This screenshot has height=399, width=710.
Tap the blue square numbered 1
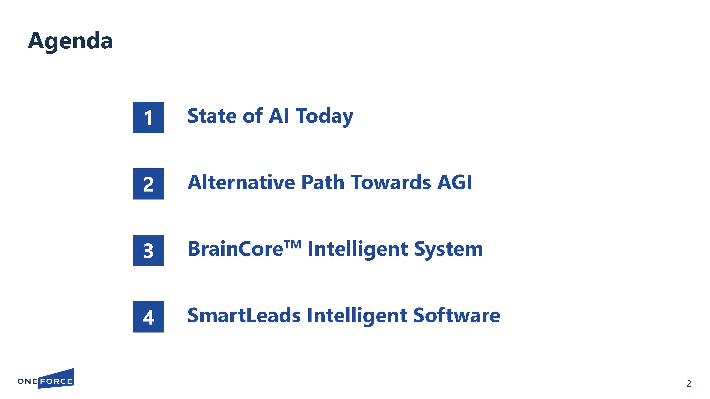[149, 117]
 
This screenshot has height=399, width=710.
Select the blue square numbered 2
[149, 184]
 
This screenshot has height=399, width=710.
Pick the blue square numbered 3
[149, 250]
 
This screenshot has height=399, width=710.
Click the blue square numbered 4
[149, 317]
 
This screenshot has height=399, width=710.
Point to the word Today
[324, 117]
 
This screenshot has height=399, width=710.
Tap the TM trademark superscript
[293, 244]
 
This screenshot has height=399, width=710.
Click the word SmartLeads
[244, 315]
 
